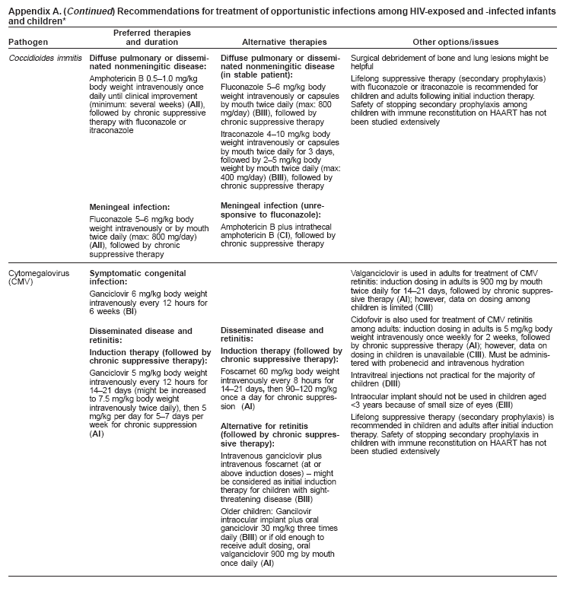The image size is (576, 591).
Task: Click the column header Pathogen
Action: point(25,43)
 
